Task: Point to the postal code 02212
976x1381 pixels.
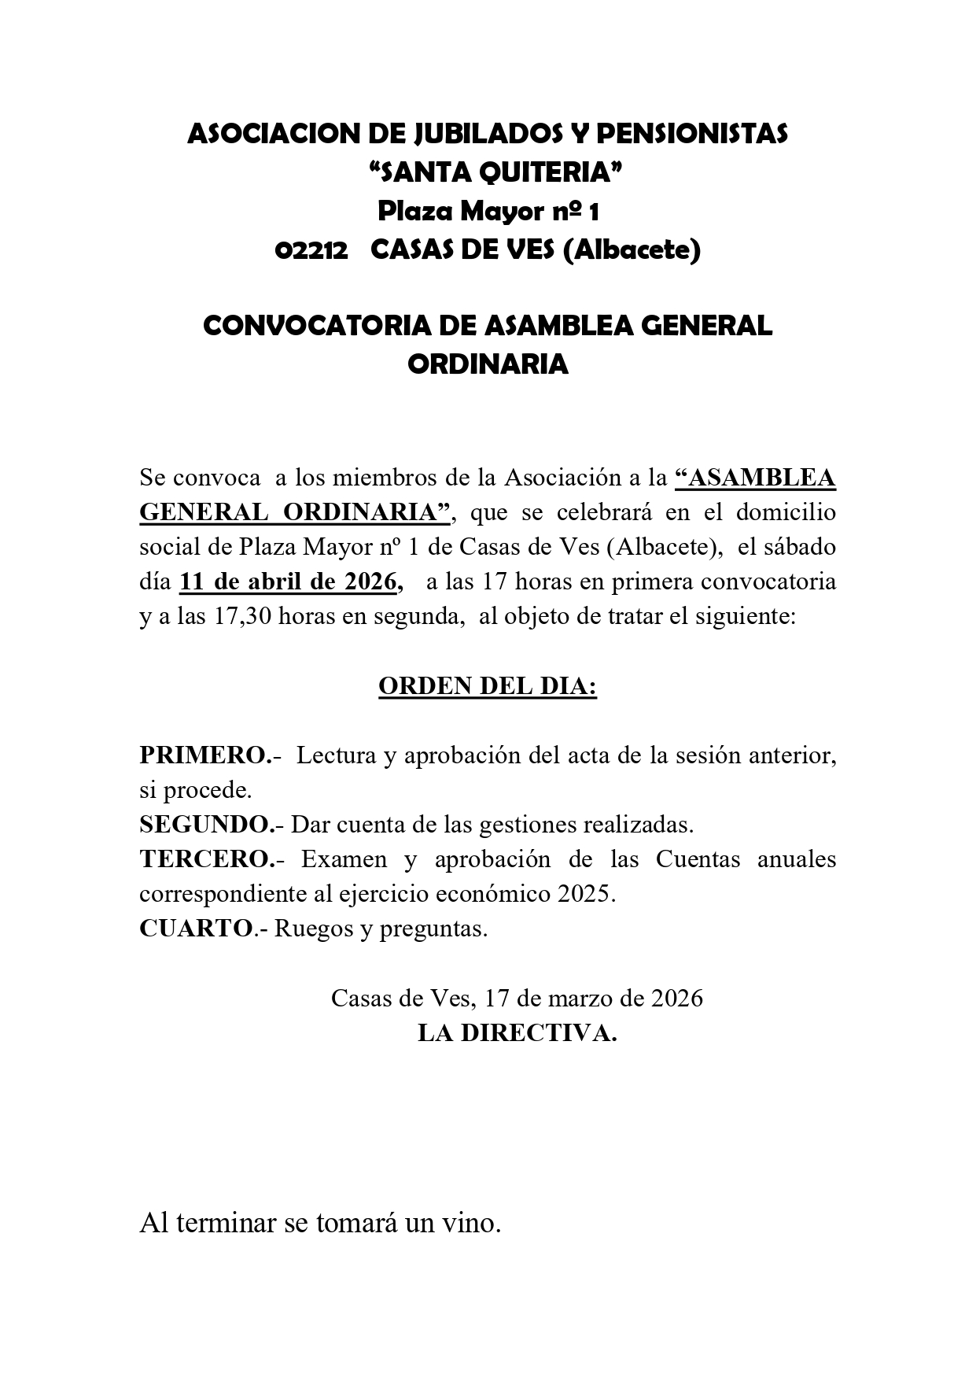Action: (311, 250)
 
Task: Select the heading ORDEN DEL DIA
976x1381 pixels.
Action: (488, 686)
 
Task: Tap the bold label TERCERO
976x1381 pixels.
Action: (205, 859)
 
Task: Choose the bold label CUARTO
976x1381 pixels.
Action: (197, 929)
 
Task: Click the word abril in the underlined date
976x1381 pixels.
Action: (278, 582)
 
